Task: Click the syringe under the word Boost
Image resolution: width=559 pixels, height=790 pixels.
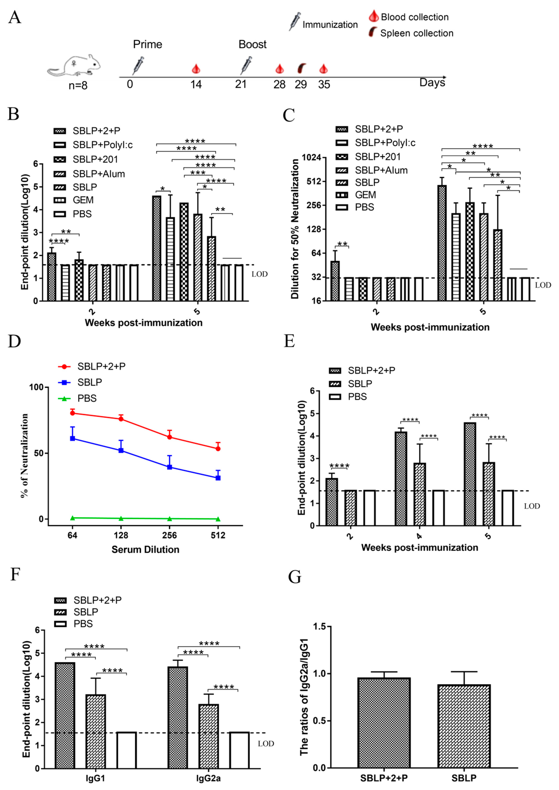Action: [x=246, y=65]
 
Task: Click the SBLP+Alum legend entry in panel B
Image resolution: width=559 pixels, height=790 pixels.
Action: [x=89, y=174]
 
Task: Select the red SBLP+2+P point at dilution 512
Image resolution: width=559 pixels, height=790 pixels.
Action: [x=218, y=449]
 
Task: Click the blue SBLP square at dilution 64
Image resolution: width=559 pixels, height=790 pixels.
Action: [x=73, y=438]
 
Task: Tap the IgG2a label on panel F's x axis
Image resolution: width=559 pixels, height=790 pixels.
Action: [x=208, y=778]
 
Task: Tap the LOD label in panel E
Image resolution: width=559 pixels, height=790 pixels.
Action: [x=532, y=506]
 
